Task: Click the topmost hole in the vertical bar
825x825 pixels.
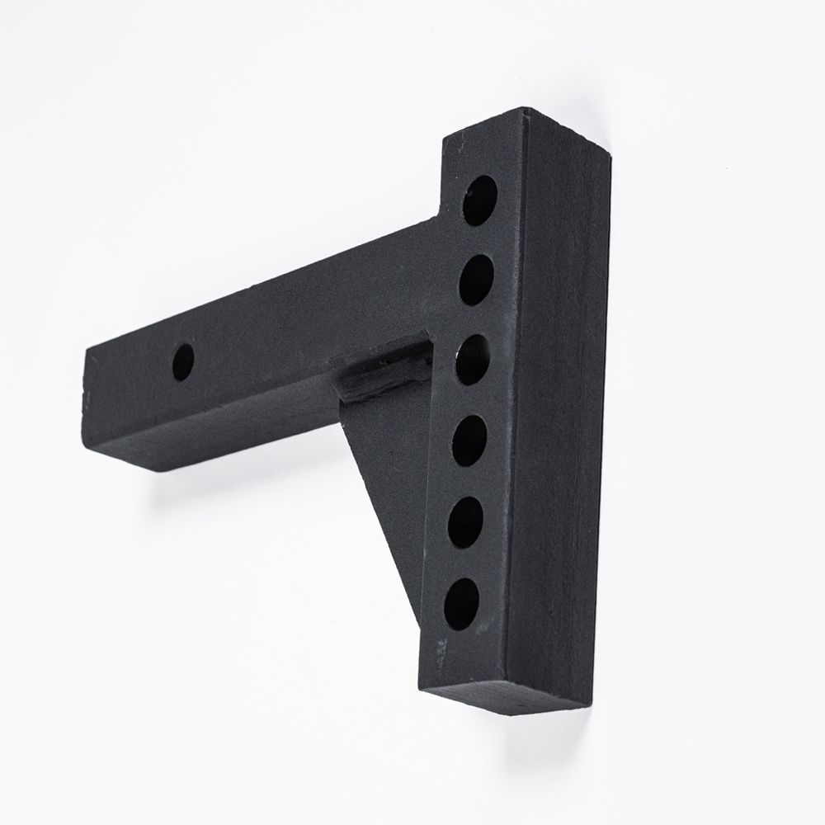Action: coord(479,200)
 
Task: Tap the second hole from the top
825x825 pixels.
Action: coord(476,280)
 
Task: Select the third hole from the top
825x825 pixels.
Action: coord(473,359)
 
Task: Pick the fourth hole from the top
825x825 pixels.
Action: coord(469,441)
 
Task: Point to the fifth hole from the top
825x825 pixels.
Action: coord(466,522)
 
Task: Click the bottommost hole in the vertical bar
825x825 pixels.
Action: coord(462,604)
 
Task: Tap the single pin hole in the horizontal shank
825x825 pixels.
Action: coord(183,361)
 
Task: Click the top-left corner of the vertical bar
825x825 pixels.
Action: coord(445,140)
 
